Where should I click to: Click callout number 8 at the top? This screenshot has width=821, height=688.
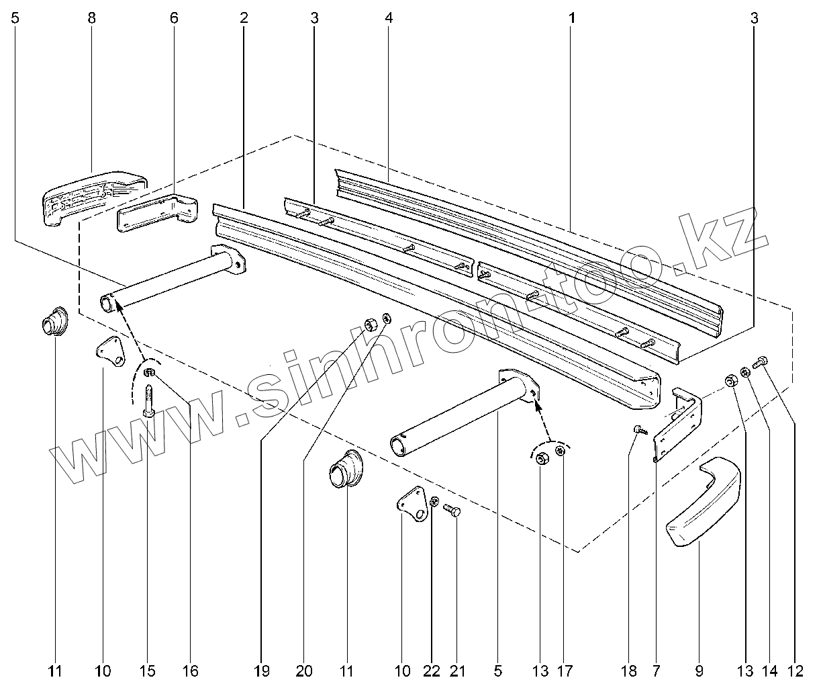point(91,18)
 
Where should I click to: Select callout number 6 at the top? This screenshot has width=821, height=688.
point(174,18)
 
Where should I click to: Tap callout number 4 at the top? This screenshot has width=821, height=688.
point(389,18)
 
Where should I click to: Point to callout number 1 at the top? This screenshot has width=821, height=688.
point(571,18)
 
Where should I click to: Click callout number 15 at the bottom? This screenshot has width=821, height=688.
point(147,670)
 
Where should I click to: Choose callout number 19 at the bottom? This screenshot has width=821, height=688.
point(262,670)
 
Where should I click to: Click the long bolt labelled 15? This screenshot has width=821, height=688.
point(148,402)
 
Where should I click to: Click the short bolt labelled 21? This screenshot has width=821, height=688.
point(454,512)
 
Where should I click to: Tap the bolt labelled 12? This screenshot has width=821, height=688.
point(761,362)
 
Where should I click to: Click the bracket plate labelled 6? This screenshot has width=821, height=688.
point(156,213)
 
